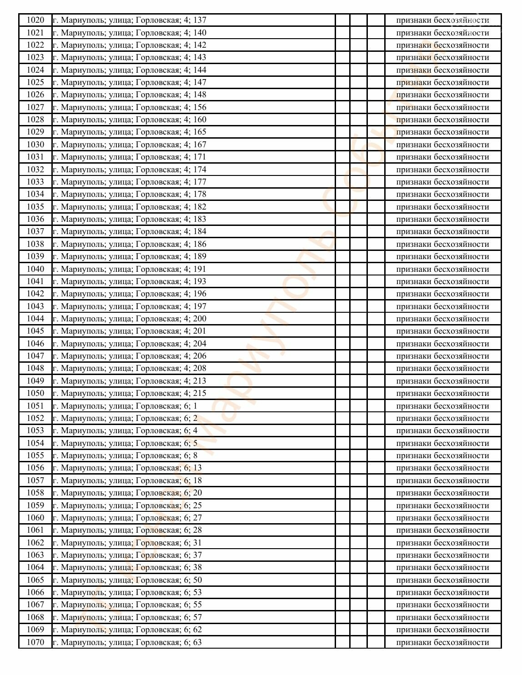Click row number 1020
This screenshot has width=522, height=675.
(x=35, y=20)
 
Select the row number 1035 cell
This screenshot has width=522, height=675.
(x=35, y=207)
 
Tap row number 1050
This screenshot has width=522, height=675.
(x=35, y=393)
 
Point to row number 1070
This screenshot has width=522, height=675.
(x=35, y=642)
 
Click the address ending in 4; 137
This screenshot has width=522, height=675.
(x=130, y=20)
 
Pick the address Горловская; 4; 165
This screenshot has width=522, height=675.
(x=130, y=132)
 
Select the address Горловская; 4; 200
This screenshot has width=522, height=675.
(x=130, y=319)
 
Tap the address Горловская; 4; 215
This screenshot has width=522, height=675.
(x=130, y=393)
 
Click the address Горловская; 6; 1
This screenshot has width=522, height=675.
(x=125, y=406)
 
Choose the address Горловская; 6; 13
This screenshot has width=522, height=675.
(x=127, y=468)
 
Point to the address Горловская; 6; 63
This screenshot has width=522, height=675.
(x=127, y=642)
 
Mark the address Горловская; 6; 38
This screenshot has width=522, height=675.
(x=127, y=567)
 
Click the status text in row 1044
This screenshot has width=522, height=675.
(x=442, y=319)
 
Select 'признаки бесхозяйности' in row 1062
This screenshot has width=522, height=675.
(x=442, y=543)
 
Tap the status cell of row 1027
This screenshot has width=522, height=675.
(x=442, y=107)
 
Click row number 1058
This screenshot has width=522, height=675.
(x=35, y=493)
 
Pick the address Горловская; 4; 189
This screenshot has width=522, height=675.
(x=130, y=256)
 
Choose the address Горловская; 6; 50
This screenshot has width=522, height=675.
(x=127, y=580)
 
